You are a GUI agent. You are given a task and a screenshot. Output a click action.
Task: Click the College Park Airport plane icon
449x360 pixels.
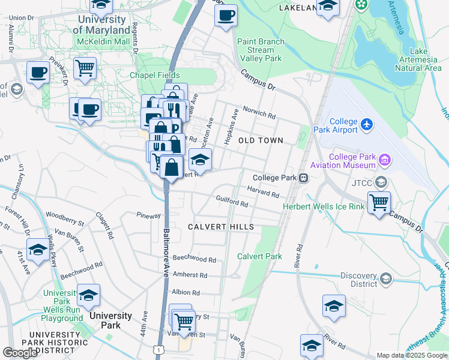(x=367, y=125)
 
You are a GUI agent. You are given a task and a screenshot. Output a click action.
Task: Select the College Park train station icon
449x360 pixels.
(x=304, y=178)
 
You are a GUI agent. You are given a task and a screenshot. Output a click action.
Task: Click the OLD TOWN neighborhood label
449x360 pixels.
(x=261, y=140)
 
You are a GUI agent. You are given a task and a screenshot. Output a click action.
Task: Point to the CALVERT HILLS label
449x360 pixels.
(x=220, y=227)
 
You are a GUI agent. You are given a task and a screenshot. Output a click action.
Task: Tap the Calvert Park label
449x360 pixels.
(x=259, y=256)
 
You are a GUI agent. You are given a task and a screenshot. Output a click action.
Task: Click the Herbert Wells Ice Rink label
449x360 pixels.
(x=324, y=207)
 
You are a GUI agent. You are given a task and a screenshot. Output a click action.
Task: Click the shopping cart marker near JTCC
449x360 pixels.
(x=379, y=203)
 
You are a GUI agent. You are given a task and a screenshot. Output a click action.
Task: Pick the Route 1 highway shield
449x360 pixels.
(x=158, y=349)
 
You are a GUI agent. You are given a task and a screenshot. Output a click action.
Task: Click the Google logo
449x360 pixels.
(x=20, y=352)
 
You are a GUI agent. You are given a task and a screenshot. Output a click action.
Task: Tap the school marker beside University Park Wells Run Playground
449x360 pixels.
(x=88, y=295)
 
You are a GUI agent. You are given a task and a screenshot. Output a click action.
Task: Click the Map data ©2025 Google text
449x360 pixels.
(x=412, y=355)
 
